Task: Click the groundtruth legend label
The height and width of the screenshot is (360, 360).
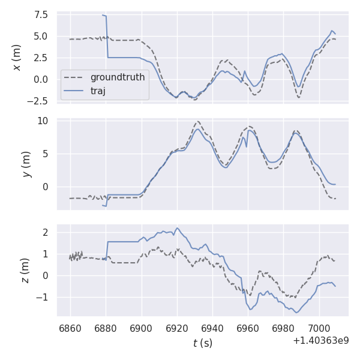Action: pyautogui.click(x=118, y=77)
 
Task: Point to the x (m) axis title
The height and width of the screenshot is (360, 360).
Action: pyautogui.click(x=17, y=57)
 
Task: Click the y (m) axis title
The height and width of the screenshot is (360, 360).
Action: pyautogui.click(x=26, y=164)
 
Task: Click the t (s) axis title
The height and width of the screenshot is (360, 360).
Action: pyautogui.click(x=202, y=343)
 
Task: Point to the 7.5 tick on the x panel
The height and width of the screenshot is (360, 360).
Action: pyautogui.click(x=41, y=14)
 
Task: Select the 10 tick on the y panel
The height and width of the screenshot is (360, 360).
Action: pyautogui.click(x=44, y=121)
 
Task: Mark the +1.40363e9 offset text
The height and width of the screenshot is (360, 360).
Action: pyautogui.click(x=320, y=340)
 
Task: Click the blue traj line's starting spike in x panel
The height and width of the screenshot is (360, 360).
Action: pyautogui.click(x=104, y=16)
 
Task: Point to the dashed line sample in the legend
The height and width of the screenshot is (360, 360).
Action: pyautogui.click(x=75, y=77)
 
